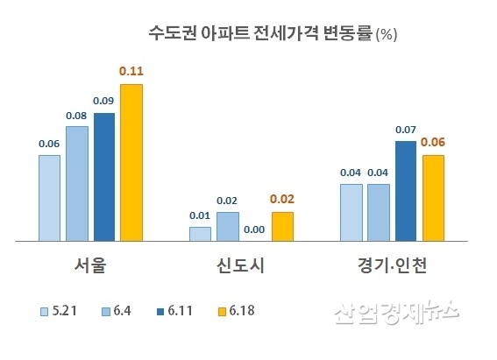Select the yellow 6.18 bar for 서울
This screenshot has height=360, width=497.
(x=131, y=162)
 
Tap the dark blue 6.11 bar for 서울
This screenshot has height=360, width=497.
(x=104, y=176)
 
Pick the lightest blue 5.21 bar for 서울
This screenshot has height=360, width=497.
(x=50, y=197)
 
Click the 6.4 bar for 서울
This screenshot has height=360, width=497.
(x=77, y=183)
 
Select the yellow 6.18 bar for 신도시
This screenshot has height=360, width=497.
(x=282, y=226)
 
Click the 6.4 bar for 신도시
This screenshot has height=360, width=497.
(x=228, y=226)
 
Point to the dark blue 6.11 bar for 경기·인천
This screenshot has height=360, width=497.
(x=406, y=190)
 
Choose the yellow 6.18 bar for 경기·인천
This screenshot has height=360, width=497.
(x=433, y=197)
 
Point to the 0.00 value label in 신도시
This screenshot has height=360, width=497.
(x=255, y=229)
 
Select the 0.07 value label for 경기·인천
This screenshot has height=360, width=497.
(x=406, y=130)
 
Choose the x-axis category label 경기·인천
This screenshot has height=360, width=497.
(x=392, y=265)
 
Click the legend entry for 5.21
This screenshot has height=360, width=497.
(x=57, y=310)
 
